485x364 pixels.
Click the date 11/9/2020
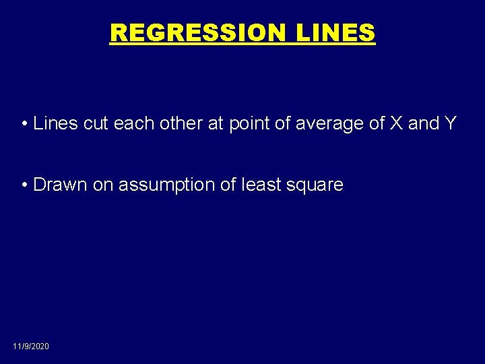point(31,346)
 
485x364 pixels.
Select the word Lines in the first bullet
point(51,124)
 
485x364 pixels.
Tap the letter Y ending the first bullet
point(450,124)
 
